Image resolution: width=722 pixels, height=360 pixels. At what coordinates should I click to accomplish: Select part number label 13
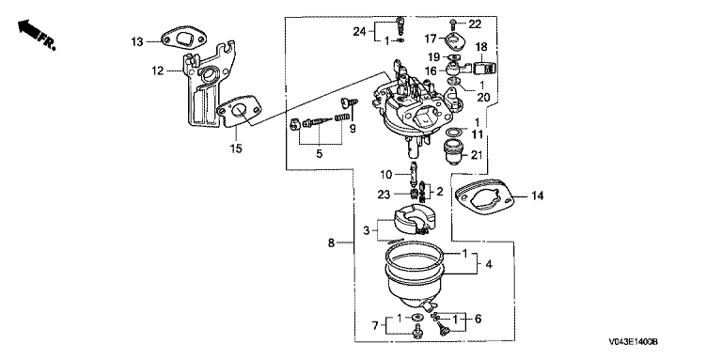pyautogui.click(x=136, y=42)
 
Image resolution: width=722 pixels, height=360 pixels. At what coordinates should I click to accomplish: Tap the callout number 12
pyautogui.click(x=158, y=70)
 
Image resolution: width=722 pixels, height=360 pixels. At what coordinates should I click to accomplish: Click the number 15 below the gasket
pyautogui.click(x=236, y=149)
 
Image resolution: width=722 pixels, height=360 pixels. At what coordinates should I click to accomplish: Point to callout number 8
pyautogui.click(x=331, y=243)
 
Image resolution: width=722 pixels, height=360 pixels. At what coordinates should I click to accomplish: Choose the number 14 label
pyautogui.click(x=538, y=196)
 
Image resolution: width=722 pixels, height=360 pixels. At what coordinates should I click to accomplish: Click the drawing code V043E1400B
pyautogui.click(x=633, y=342)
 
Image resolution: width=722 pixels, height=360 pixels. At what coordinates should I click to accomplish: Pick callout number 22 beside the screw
pyautogui.click(x=474, y=23)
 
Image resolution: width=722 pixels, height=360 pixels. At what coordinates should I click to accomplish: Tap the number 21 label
pyautogui.click(x=477, y=155)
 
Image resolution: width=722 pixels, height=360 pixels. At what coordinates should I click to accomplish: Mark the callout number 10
pyautogui.click(x=385, y=175)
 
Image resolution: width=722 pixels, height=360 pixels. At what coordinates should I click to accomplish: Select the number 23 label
pyautogui.click(x=384, y=195)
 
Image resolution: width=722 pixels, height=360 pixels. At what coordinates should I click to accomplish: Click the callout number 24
pyautogui.click(x=360, y=31)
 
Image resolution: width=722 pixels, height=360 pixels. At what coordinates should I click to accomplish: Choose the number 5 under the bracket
pyautogui.click(x=320, y=154)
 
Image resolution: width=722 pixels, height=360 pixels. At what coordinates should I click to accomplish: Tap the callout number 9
pyautogui.click(x=353, y=130)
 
